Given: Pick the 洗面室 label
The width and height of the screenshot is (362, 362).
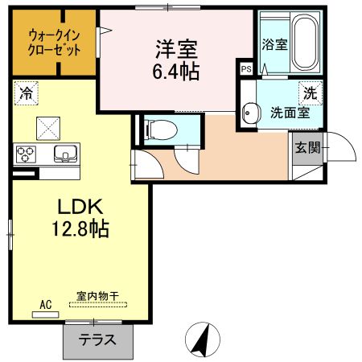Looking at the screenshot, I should tap(287, 113).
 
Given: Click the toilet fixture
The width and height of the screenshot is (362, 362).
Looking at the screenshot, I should tap(157, 126).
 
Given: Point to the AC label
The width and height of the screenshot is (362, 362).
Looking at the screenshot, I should tap(45, 304).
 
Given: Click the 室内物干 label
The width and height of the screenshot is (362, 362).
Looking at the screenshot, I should tap(97, 297).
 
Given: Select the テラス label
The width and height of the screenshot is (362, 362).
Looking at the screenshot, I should tap(96, 339).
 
